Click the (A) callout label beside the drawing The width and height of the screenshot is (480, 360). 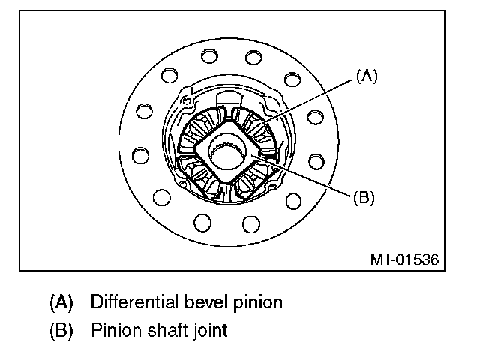367,76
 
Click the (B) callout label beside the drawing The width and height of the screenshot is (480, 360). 363,198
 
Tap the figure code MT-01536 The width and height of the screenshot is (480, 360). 404,259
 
